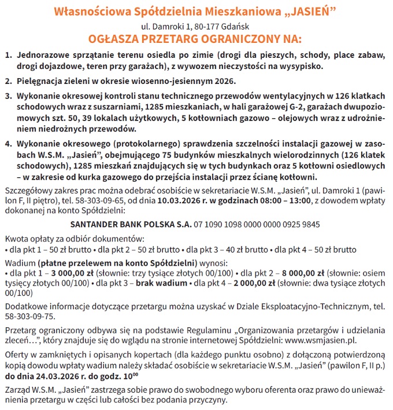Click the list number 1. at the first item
pos(9,56)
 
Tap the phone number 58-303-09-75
pos(29,316)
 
